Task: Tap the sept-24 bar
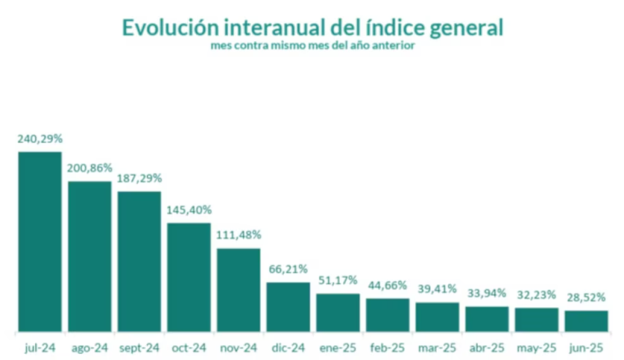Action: pos(139,261)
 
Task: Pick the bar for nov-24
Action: pos(238,289)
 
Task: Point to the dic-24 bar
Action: pos(288,306)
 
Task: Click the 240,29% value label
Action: pos(40,138)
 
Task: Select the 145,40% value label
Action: pos(189,210)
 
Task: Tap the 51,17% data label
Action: pos(338,281)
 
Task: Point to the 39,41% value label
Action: pos(437,288)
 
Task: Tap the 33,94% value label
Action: pos(487,293)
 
